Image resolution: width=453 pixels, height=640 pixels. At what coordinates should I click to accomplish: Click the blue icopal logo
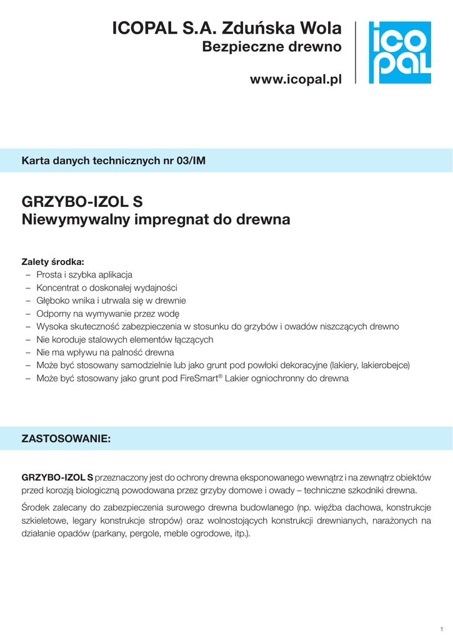(x=399, y=52)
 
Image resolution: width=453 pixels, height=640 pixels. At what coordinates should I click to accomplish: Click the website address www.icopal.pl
(x=296, y=79)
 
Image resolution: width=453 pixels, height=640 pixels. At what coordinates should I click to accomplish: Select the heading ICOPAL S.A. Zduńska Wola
(x=227, y=28)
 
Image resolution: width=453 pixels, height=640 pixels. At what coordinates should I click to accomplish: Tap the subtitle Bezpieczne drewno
(x=272, y=47)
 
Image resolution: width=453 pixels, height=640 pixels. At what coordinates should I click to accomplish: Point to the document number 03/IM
(x=191, y=161)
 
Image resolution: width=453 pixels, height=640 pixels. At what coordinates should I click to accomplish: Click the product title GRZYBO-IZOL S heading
(x=82, y=202)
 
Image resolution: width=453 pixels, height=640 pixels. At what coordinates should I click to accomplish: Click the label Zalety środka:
(x=52, y=261)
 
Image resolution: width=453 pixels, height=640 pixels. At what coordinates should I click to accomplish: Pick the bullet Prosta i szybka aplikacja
(x=84, y=274)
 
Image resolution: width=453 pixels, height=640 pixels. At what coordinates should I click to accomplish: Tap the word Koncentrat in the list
(x=57, y=287)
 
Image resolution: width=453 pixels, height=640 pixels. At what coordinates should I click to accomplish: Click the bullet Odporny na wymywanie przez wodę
(x=107, y=314)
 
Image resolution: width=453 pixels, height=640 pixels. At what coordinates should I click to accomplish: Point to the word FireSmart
(x=196, y=379)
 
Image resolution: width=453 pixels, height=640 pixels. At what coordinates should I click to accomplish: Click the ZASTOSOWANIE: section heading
(x=66, y=439)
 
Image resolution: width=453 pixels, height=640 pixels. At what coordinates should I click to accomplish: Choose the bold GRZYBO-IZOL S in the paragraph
(x=57, y=477)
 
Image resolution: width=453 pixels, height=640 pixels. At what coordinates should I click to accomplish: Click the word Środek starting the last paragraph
(x=36, y=507)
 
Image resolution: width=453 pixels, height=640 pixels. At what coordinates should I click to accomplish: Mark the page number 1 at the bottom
(x=442, y=628)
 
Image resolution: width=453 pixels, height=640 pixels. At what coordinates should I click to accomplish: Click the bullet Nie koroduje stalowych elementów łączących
(x=125, y=339)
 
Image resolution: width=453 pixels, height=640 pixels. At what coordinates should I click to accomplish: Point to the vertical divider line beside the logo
(x=356, y=52)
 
